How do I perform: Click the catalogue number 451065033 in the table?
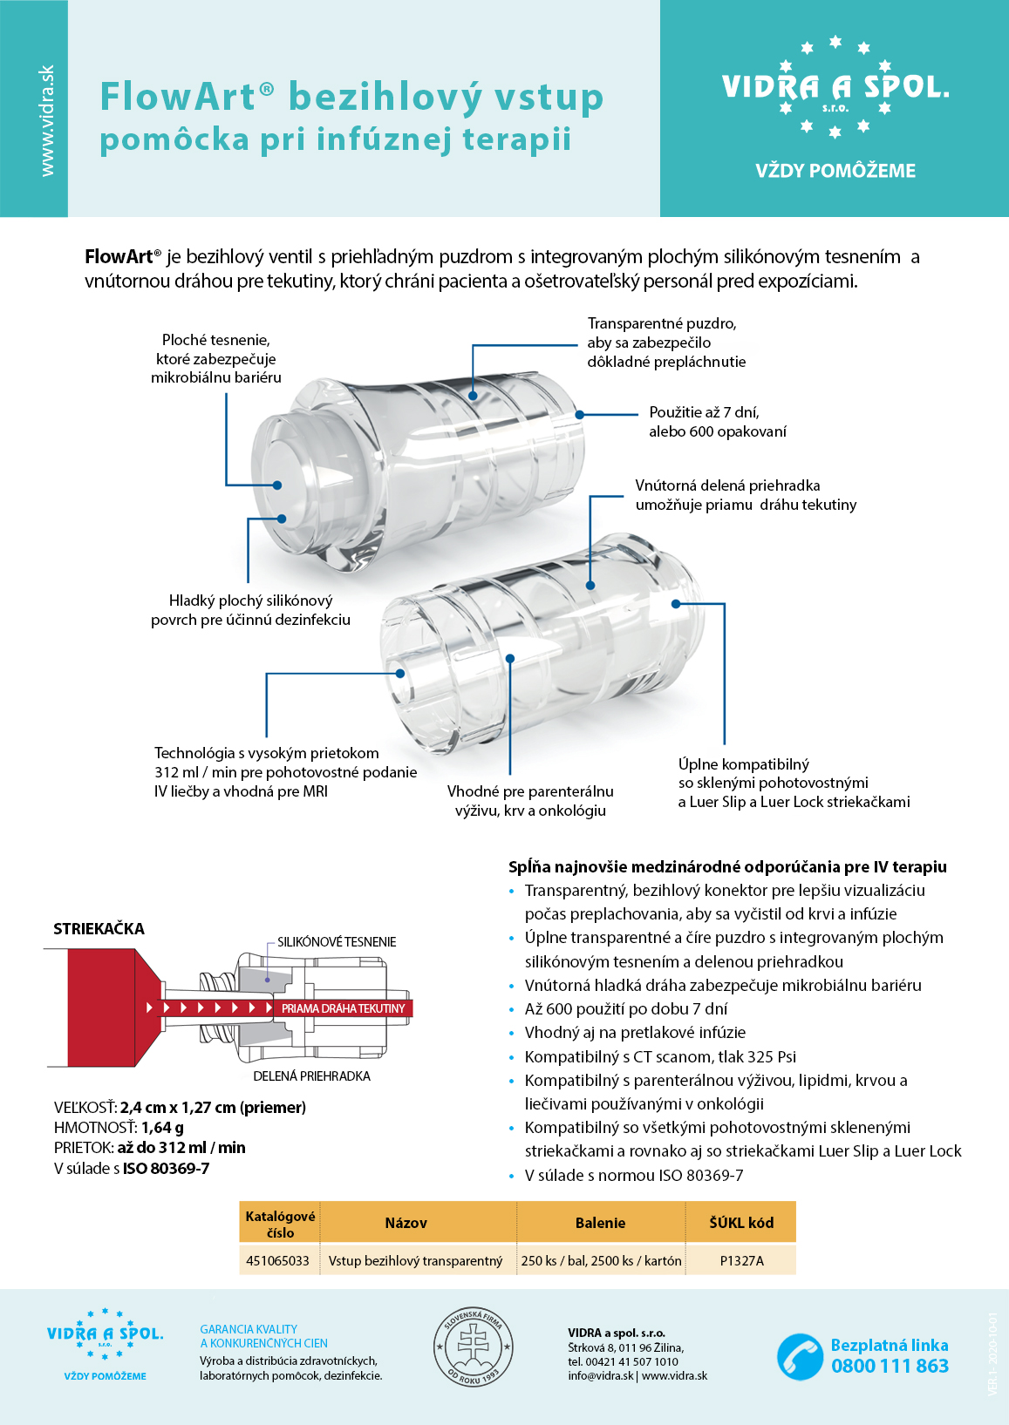pyautogui.click(x=277, y=1260)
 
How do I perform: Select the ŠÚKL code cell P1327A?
pyautogui.click(x=741, y=1260)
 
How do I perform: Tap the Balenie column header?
pyautogui.click(x=600, y=1223)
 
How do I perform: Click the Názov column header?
pyautogui.click(x=406, y=1223)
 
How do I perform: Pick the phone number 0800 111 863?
pyautogui.click(x=890, y=1366)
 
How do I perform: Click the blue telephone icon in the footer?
pyautogui.click(x=799, y=1356)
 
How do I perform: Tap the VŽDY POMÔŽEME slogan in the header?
pyautogui.click(x=835, y=171)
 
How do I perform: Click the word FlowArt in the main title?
pyautogui.click(x=179, y=97)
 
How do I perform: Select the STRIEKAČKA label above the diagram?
pyautogui.click(x=99, y=929)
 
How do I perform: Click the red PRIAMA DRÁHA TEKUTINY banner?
pyautogui.click(x=343, y=1008)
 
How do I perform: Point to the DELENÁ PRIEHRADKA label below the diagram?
pyautogui.click(x=311, y=1076)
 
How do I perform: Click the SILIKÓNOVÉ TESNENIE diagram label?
pyautogui.click(x=337, y=942)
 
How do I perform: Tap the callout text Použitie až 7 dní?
pyautogui.click(x=704, y=412)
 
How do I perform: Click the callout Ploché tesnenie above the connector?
pyautogui.click(x=215, y=340)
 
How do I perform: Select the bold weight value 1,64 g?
pyautogui.click(x=162, y=1128)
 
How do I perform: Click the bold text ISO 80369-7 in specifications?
pyautogui.click(x=166, y=1169)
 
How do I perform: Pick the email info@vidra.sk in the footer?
pyautogui.click(x=600, y=1376)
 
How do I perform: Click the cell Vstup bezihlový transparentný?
pyautogui.click(x=415, y=1260)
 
